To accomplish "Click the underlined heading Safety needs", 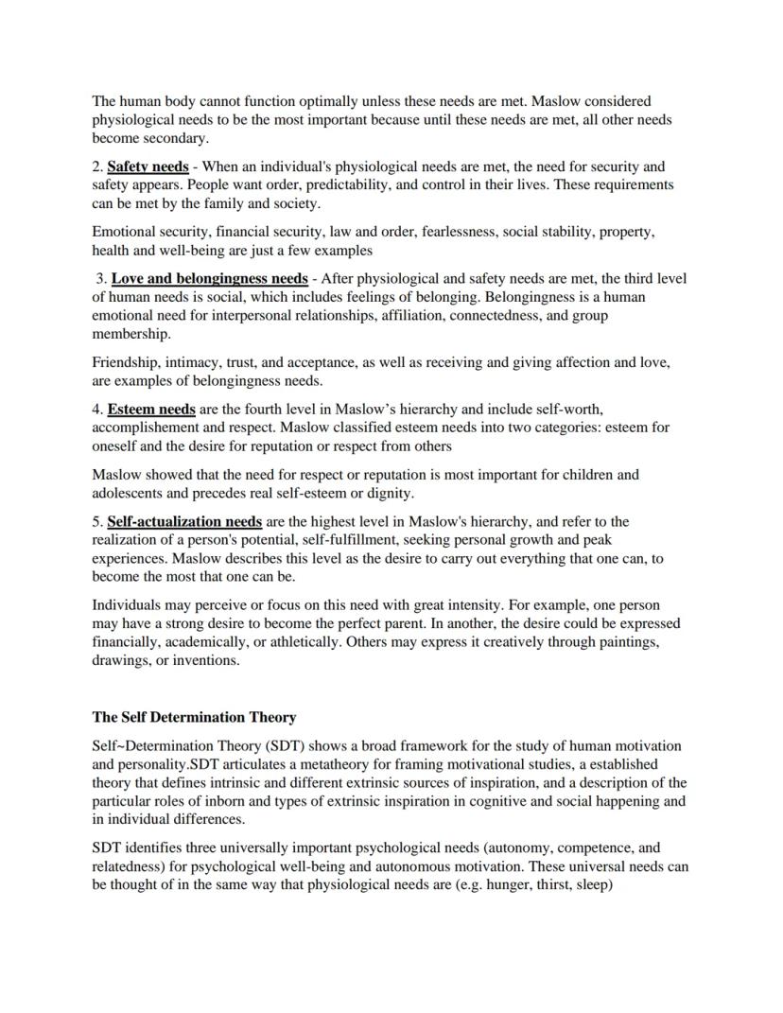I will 148,167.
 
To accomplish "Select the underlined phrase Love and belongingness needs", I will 209,279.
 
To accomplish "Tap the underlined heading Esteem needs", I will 151,410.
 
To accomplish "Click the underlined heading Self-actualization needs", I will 184,522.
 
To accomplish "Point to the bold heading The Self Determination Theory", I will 194,718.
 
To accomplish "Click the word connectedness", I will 496,316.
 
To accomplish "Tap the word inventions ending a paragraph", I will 207,661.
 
